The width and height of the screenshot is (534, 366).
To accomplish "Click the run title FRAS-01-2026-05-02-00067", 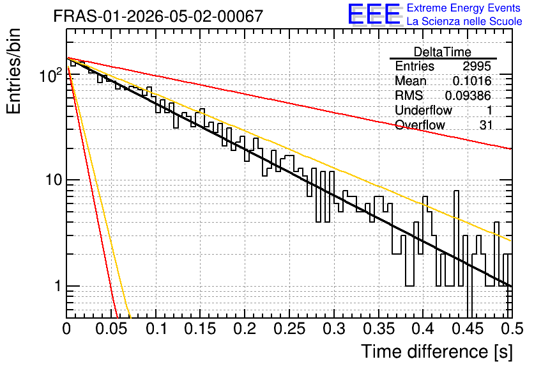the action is tap(158, 16).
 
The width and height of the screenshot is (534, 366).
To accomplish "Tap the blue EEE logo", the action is tap(374, 14).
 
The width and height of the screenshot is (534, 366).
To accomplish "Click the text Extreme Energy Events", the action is tap(464, 8).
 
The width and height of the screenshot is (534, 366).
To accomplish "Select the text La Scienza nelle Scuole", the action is tap(464, 21).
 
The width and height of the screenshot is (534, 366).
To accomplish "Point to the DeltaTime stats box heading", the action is tap(443, 52).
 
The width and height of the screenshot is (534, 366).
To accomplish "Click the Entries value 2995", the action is tap(477, 66).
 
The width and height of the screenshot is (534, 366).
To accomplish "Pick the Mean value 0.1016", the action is tap(472, 81).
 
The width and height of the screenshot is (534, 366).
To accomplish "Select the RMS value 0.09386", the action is tap(468, 95).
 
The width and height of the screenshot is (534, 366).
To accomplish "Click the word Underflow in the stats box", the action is tap(423, 110).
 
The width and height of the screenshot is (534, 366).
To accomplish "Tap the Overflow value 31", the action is tap(486, 125).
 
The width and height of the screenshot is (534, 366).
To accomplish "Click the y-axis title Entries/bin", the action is tap(13, 71).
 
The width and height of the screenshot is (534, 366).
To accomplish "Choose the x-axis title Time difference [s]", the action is tap(437, 351).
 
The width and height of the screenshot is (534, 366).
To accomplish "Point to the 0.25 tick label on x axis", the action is tap(289, 329).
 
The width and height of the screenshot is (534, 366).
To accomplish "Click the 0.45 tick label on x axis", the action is tap(468, 329).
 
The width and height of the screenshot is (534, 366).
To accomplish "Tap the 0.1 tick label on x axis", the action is tap(156, 329).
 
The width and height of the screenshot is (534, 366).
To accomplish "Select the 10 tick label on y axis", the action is tap(54, 180).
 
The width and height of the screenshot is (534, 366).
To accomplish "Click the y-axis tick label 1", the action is tap(58, 286).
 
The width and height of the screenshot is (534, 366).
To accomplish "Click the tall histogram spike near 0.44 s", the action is tap(456, 238).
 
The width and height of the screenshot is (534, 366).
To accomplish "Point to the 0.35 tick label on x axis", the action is tap(379, 329).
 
